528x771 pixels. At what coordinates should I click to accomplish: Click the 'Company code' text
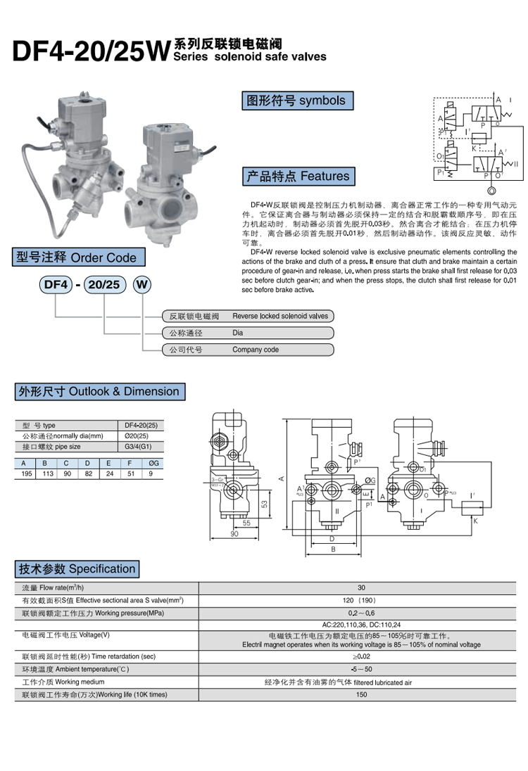[256, 350]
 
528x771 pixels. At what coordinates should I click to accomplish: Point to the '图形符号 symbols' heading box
[296, 101]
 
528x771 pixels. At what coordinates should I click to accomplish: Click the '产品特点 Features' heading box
[296, 176]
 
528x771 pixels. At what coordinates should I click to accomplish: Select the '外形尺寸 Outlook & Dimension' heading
[99, 392]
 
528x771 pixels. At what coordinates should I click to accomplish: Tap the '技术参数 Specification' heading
[77, 569]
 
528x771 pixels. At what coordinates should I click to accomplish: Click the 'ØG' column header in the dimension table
[152, 463]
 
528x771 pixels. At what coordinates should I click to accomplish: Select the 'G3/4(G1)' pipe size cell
[139, 446]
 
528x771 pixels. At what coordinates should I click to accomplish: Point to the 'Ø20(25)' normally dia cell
[139, 435]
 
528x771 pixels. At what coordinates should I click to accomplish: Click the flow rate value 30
[362, 587]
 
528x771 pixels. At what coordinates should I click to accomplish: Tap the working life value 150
[362, 695]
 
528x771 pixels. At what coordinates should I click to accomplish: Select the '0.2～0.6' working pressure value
[362, 613]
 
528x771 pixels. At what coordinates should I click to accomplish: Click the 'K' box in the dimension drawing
[475, 522]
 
